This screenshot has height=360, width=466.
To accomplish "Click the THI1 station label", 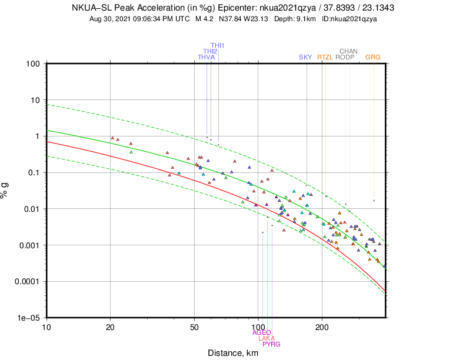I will pyautogui.click(x=218, y=45).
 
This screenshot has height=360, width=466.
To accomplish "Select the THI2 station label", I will pyautogui.click(x=210, y=51).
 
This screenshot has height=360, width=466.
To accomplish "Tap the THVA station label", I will pyautogui.click(x=206, y=57).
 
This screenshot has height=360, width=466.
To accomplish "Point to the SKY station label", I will pyautogui.click(x=305, y=57).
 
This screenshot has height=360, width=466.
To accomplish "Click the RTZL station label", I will pyautogui.click(x=325, y=57).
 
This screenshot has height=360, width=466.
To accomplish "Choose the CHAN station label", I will pyautogui.click(x=348, y=51).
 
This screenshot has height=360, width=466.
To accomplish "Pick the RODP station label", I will pyautogui.click(x=344, y=57).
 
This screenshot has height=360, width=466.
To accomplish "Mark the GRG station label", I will pyautogui.click(x=372, y=57).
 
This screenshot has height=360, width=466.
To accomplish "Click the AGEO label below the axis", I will pyautogui.click(x=261, y=332).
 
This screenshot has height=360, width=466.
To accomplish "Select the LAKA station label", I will pyautogui.click(x=267, y=338).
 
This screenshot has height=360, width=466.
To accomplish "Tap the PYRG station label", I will pyautogui.click(x=271, y=344).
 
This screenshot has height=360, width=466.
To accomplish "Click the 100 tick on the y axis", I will pyautogui.click(x=33, y=64).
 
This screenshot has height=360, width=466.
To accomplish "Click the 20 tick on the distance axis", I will pyautogui.click(x=110, y=326).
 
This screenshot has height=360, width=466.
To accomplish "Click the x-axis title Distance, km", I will pyautogui.click(x=234, y=353).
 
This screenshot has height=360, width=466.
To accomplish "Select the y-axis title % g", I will pyautogui.click(x=6, y=191).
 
